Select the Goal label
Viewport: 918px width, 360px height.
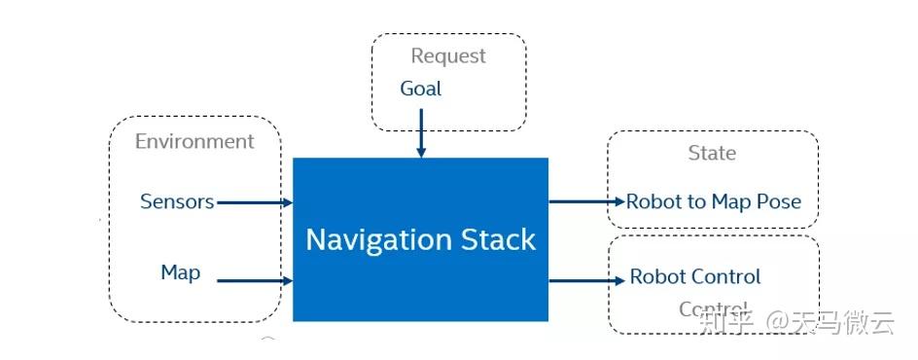coord(420,89)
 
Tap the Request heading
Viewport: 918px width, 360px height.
coord(447,56)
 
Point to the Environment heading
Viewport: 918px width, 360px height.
coord(194,141)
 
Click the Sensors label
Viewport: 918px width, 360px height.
coord(177,201)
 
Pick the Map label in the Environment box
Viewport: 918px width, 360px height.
coord(181,272)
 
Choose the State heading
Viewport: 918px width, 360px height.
coord(712,153)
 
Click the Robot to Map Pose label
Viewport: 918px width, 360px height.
coord(714,201)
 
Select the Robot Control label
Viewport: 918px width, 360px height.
coord(695,277)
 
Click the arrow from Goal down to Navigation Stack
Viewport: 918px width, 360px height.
coord(421,132)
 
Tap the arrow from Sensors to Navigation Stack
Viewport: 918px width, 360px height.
coord(254,202)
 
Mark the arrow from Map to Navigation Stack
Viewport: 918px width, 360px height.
coord(254,280)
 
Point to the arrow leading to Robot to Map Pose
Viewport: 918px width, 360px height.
coord(586,201)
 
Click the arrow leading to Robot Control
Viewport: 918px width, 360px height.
coord(586,280)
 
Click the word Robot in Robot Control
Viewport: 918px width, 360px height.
coord(656,277)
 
